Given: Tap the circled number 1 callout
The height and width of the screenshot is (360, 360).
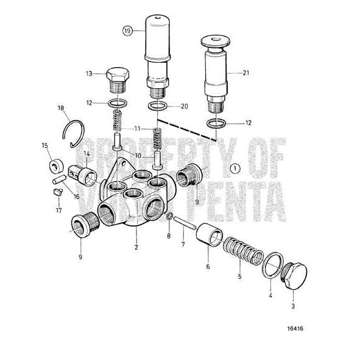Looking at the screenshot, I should tap(236, 167).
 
